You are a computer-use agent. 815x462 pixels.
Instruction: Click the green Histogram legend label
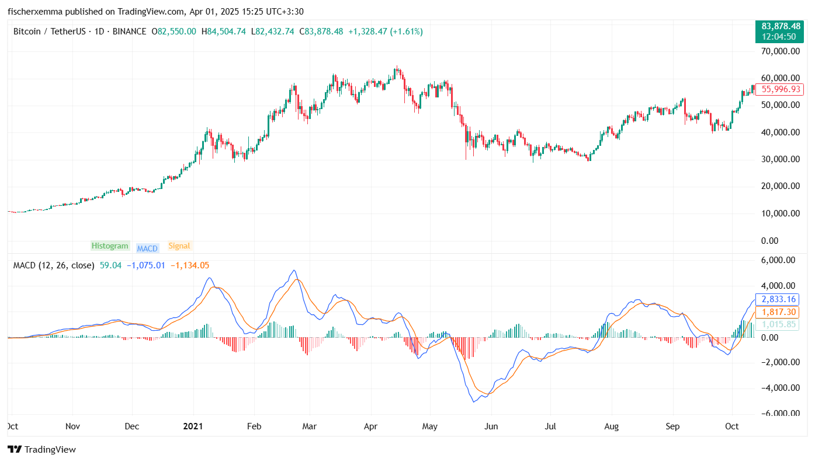(110, 246)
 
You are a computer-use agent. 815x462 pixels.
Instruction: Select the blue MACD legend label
(147, 249)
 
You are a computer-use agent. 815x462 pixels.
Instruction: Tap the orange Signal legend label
(179, 246)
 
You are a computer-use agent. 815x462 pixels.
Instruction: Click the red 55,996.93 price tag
(779, 89)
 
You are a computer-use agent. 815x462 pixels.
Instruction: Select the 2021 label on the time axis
(192, 426)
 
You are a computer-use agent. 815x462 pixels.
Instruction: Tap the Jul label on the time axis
(551, 426)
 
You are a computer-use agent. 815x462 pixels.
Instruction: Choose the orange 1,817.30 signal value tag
(779, 312)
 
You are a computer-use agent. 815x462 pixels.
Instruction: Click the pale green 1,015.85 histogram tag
(779, 324)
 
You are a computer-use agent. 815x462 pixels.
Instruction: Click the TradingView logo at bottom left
(41, 450)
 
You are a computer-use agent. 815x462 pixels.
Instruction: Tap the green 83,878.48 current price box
(781, 31)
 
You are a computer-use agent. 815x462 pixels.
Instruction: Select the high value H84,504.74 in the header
(223, 32)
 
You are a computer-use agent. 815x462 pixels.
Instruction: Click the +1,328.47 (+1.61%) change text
(386, 32)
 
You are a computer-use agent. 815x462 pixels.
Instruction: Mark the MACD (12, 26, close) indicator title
(54, 265)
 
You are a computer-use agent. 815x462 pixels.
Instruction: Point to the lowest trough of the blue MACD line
(474, 402)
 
